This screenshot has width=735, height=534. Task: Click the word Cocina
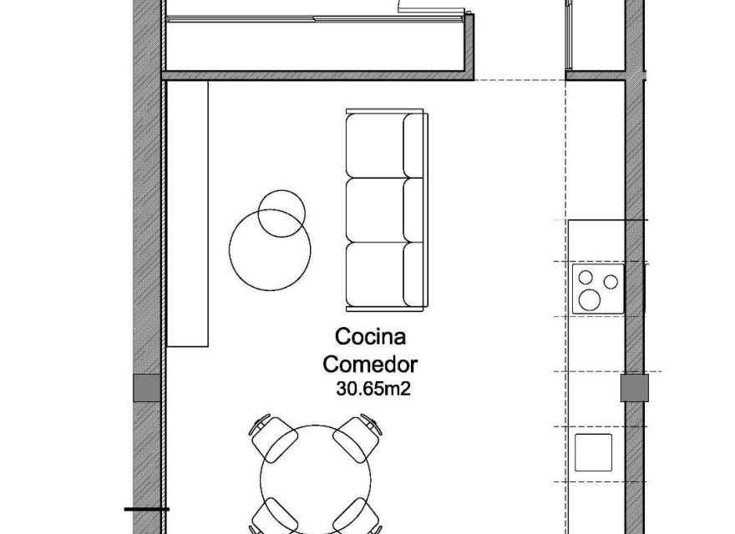pos(370,337)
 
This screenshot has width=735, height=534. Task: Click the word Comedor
pos(370,364)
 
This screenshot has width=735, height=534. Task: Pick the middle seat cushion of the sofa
pos(376,209)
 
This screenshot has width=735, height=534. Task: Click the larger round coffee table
pos(270,248)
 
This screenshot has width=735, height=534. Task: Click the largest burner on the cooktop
pos(592,299)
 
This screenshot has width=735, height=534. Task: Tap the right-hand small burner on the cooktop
pos(613,281)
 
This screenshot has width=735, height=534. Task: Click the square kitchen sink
pos(594,452)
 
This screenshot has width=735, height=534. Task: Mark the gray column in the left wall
pos(146,388)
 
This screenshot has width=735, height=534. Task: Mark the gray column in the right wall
pos(634,388)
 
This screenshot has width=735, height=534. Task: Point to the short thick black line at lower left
pos(146,508)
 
